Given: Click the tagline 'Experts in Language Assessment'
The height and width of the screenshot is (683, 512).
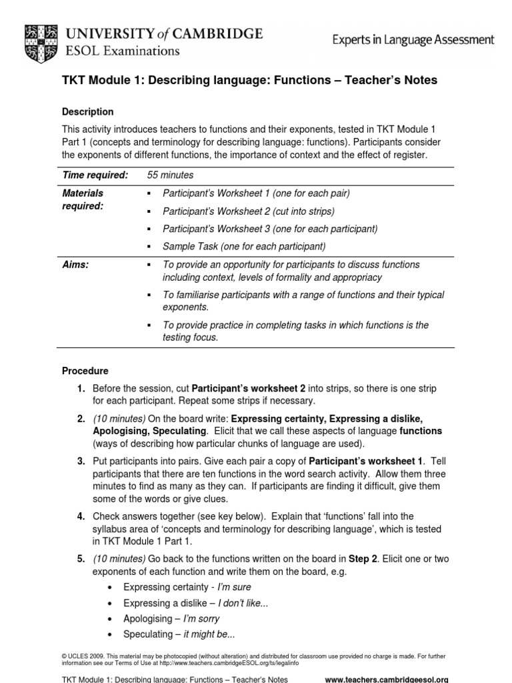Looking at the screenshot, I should [413, 40].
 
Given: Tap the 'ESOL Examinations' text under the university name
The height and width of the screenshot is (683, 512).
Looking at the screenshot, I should [121, 50].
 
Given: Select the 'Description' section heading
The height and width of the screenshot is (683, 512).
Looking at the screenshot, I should [87, 112].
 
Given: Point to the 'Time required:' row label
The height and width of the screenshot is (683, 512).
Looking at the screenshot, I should [95, 175].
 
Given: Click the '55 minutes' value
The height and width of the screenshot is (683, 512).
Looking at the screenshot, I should [170, 175].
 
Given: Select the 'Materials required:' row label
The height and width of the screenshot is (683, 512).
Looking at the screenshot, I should [84, 199].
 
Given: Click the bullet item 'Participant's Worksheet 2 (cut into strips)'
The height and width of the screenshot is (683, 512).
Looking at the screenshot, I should [249, 211].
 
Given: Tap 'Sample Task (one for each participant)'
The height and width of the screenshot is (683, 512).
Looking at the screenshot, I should [244, 246].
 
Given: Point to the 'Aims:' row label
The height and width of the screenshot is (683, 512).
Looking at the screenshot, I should [75, 265].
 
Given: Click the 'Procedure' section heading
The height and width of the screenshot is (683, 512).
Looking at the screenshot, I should [85, 371].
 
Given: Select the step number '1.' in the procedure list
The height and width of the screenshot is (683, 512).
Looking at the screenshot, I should [80, 388].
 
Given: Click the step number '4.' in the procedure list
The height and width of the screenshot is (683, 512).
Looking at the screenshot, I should [80, 516].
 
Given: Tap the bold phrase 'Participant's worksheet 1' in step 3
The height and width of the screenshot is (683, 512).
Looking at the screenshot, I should [366, 460].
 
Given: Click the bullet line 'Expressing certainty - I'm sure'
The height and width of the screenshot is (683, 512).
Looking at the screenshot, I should [187, 587].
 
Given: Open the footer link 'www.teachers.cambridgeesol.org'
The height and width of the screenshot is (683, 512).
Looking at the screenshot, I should [386, 679].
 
